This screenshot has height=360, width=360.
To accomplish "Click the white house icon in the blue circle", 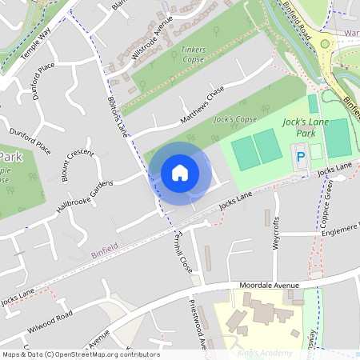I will [x=180, y=172].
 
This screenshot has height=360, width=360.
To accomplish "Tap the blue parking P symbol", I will [x=301, y=158].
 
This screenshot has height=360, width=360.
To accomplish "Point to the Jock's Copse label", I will [x=235, y=120].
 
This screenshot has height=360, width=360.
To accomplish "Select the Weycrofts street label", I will [x=276, y=232].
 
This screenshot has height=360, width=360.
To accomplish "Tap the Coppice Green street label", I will [x=328, y=202].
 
